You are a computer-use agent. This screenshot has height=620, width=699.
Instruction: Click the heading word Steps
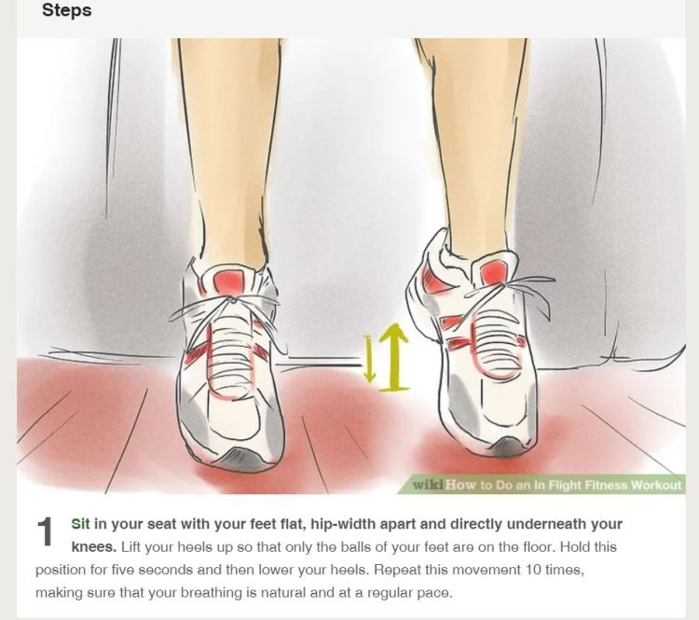(x=66, y=12)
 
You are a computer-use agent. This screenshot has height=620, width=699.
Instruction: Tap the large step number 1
(x=46, y=532)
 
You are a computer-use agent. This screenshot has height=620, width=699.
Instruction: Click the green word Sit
(x=80, y=524)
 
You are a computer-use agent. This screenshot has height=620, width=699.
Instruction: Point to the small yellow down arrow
(x=369, y=359)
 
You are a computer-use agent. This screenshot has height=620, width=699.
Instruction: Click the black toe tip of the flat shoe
(x=233, y=456)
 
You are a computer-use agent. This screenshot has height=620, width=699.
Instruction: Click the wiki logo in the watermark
(x=427, y=485)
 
